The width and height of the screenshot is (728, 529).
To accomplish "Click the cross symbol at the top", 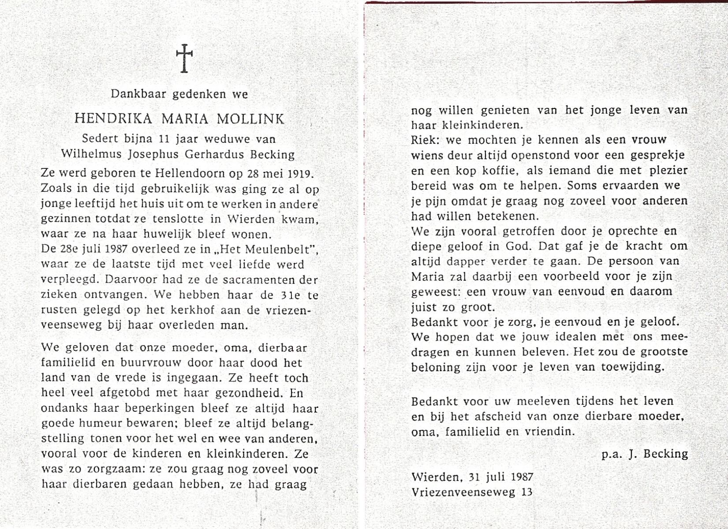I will pos(184,58).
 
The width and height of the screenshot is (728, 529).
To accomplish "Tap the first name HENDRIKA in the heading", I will pos(113,119).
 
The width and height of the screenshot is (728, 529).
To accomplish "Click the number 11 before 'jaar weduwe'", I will pos(164,139).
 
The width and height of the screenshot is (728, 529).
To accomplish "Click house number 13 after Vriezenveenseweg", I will pos(526,492).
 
